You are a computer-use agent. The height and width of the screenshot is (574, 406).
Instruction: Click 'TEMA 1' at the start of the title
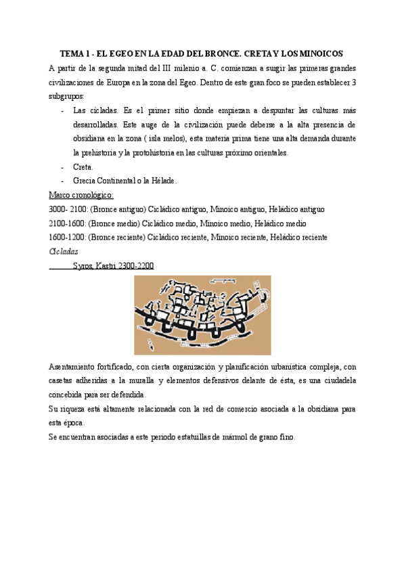coord(75,53)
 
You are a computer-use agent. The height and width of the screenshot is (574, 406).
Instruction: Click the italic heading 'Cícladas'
coord(64,252)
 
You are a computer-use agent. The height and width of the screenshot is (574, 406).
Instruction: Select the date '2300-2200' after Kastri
coord(135,266)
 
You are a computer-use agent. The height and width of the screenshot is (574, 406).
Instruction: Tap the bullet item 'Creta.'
coord(84,167)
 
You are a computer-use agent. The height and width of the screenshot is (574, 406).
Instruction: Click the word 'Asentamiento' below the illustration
coord(75,366)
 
